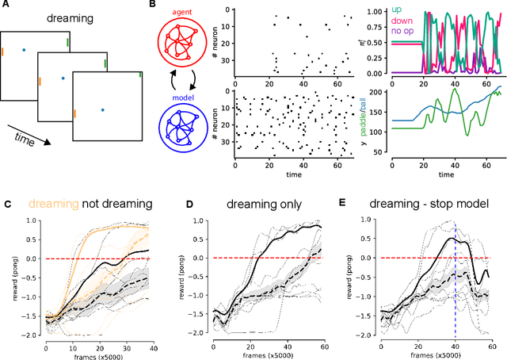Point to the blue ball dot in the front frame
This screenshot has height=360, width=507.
(x=102, y=109)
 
